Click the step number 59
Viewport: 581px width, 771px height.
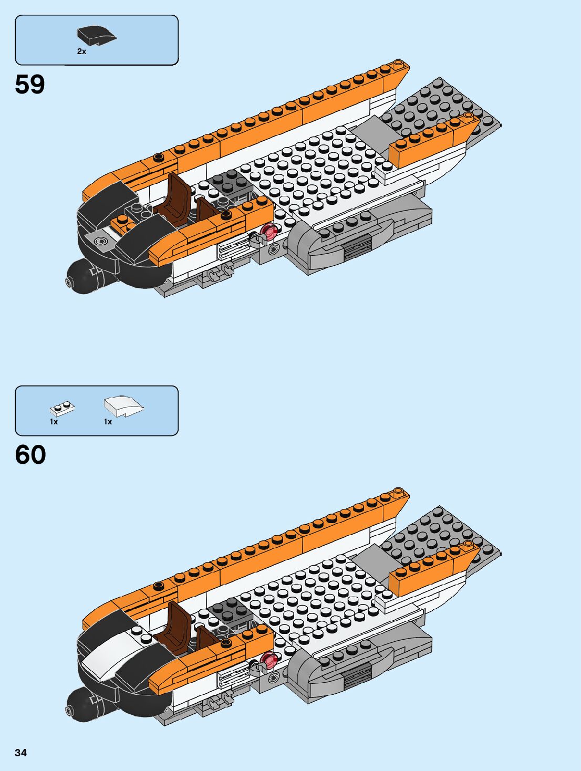[30, 84]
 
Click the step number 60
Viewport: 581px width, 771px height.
[30, 454]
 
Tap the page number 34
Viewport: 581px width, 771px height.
[20, 753]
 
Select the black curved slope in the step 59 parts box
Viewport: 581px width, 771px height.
[97, 35]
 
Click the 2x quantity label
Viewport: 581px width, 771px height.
[81, 51]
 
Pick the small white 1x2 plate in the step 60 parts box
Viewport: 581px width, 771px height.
[62, 408]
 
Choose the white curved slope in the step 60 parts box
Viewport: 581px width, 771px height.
[123, 405]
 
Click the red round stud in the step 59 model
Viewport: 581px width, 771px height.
[269, 231]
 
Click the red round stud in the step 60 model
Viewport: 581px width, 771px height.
[269, 659]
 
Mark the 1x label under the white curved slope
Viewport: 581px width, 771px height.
[108, 422]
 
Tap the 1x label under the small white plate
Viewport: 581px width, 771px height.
[54, 422]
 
